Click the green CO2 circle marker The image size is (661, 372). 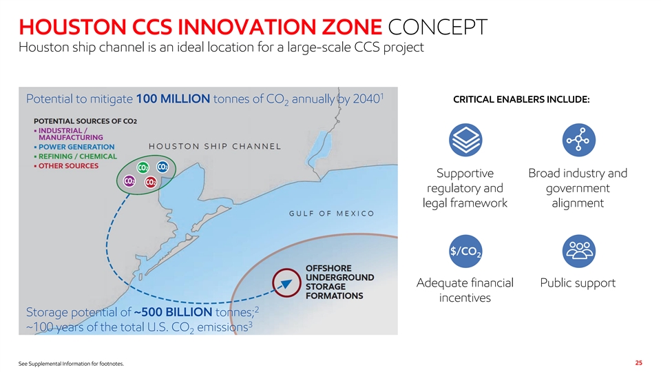[143, 167]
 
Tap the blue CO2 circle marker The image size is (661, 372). [162, 167]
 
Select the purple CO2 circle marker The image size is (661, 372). [129, 181]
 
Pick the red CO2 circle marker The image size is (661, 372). [151, 182]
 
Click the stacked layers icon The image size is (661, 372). [465, 140]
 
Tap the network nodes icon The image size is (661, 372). [579, 140]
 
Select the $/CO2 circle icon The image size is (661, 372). [465, 251]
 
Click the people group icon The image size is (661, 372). [579, 251]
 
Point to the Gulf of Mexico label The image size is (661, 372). [332, 214]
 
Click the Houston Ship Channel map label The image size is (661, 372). [215, 146]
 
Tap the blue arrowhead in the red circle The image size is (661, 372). [286, 283]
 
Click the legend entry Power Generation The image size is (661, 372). [74, 147]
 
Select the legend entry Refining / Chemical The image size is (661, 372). [76, 156]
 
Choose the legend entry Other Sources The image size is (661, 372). [67, 166]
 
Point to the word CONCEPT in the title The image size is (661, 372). [438, 27]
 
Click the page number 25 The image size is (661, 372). [639, 363]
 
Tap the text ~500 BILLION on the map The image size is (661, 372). [174, 312]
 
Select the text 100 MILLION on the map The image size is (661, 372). [173, 99]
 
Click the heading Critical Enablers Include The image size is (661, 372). [521, 99]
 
